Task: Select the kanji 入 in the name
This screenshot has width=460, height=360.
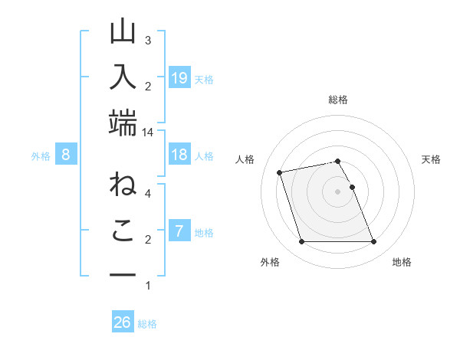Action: point(123,79)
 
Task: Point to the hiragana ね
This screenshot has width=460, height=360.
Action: point(123,187)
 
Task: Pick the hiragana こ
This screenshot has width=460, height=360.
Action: point(123,231)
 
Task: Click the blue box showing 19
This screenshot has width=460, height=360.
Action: point(179,77)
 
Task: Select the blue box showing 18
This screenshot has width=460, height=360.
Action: point(179,155)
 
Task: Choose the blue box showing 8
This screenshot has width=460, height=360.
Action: point(66,155)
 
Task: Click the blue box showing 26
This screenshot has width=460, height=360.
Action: point(123,322)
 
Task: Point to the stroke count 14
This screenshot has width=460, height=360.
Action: point(147,133)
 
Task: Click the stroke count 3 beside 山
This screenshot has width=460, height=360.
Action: point(147,40)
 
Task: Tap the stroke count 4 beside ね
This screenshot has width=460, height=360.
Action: point(147,193)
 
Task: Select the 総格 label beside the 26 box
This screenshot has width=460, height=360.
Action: point(147,324)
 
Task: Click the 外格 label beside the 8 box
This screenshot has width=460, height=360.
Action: point(41,156)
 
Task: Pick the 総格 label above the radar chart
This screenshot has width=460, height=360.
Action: point(338,100)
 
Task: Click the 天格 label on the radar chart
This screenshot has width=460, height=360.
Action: point(432,159)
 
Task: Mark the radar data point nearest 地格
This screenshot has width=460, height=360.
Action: point(373,242)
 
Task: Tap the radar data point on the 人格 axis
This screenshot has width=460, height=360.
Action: point(280,172)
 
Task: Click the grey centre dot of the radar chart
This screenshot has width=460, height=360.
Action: point(337,191)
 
